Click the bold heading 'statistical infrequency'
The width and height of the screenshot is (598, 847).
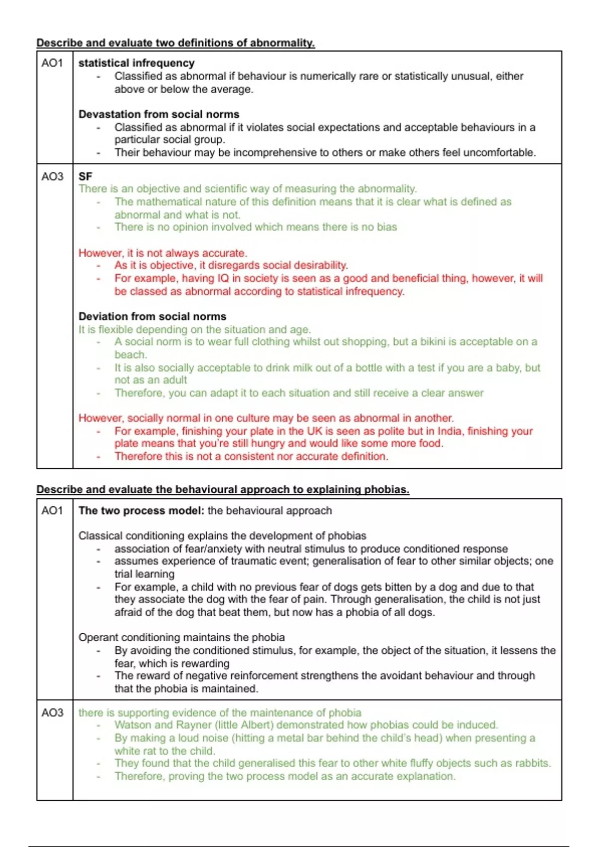(136, 63)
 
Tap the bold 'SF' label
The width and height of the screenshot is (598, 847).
(85, 176)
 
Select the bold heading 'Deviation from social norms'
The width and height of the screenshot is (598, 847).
(152, 316)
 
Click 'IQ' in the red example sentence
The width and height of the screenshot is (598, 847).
(222, 278)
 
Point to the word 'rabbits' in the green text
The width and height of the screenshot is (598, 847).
(531, 763)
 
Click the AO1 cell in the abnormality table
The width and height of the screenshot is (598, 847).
(52, 63)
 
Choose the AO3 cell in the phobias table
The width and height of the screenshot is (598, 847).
(52, 713)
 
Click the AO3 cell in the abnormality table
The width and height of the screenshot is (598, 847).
(52, 176)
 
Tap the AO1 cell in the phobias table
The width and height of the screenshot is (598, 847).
(52, 511)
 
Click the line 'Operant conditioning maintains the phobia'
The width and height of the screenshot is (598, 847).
(181, 637)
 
